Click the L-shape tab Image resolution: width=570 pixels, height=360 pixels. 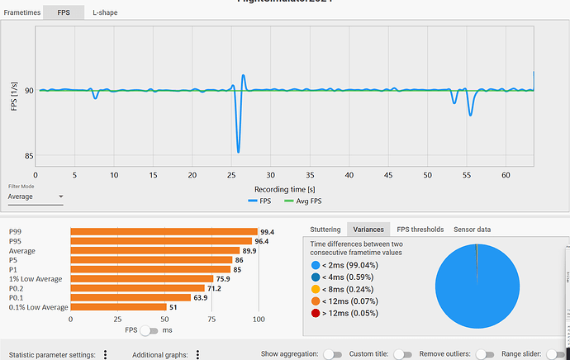point(105,12)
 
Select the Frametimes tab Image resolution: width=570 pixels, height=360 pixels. point(21,12)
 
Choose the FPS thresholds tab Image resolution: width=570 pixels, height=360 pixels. point(420,230)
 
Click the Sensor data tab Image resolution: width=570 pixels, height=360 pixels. point(472,230)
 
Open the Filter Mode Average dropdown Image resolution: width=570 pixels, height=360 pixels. point(35,197)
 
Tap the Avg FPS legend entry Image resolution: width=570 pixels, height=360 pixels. point(302,201)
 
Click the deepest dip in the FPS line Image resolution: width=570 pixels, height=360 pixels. point(238,151)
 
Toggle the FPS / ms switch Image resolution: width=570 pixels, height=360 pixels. point(150,331)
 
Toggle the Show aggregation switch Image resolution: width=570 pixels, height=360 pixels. point(332,353)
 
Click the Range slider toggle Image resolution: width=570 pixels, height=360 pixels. point(555,353)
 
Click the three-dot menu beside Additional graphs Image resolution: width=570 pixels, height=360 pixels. point(198,354)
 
